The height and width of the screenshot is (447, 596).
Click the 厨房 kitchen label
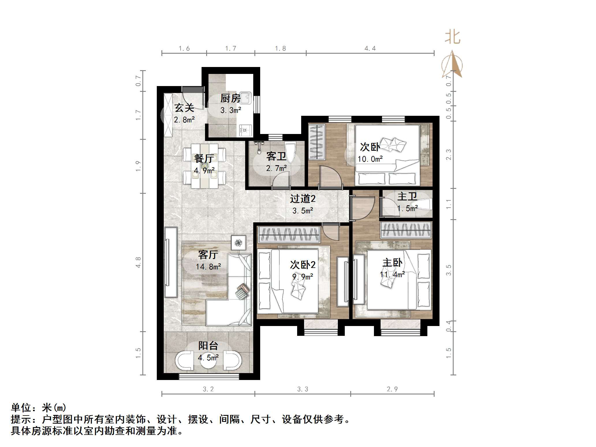(x=230, y=98)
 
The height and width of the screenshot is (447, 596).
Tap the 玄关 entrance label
(x=184, y=108)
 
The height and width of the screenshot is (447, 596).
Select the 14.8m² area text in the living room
(x=208, y=267)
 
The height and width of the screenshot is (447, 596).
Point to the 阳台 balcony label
(x=208, y=346)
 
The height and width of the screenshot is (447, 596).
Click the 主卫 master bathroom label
(x=407, y=197)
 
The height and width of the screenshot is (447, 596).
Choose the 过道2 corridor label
(x=303, y=199)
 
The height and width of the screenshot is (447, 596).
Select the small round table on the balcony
(x=208, y=360)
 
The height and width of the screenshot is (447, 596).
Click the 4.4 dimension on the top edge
(x=370, y=49)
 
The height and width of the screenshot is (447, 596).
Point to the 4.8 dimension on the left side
(x=138, y=262)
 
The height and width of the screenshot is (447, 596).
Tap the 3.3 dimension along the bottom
(x=303, y=389)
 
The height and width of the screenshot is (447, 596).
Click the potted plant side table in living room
(x=239, y=243)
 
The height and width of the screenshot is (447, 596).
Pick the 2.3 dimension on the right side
(x=448, y=154)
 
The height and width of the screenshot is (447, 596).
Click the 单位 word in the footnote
(x=21, y=408)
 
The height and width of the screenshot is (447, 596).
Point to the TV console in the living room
(x=171, y=262)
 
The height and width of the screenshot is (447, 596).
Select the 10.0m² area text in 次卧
(x=370, y=159)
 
